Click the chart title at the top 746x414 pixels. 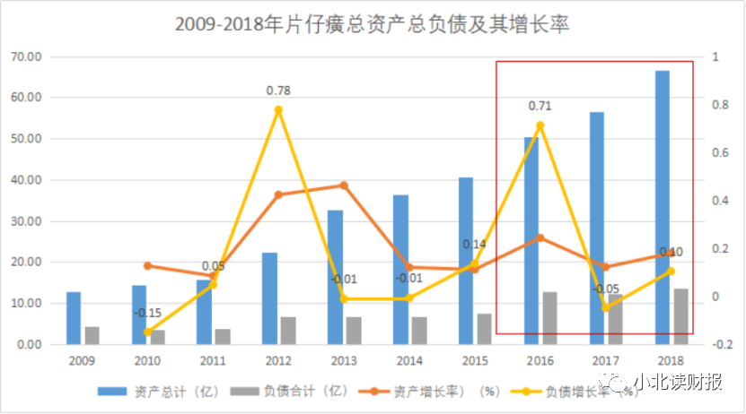[x=373, y=25]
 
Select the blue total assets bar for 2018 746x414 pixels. [x=662, y=206]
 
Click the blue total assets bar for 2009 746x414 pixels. [x=74, y=317]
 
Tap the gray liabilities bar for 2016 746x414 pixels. [x=549, y=317]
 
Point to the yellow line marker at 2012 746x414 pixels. [x=278, y=110]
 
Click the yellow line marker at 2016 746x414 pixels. [x=540, y=125]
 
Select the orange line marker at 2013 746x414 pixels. [x=344, y=185]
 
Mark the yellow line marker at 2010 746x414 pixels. [x=148, y=332]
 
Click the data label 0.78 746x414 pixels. [x=278, y=91]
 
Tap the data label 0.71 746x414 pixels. [x=540, y=106]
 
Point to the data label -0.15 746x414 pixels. [x=148, y=313]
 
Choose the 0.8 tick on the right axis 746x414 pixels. [x=715, y=105]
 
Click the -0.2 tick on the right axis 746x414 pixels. [x=714, y=344]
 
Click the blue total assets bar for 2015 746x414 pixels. [x=466, y=260]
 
